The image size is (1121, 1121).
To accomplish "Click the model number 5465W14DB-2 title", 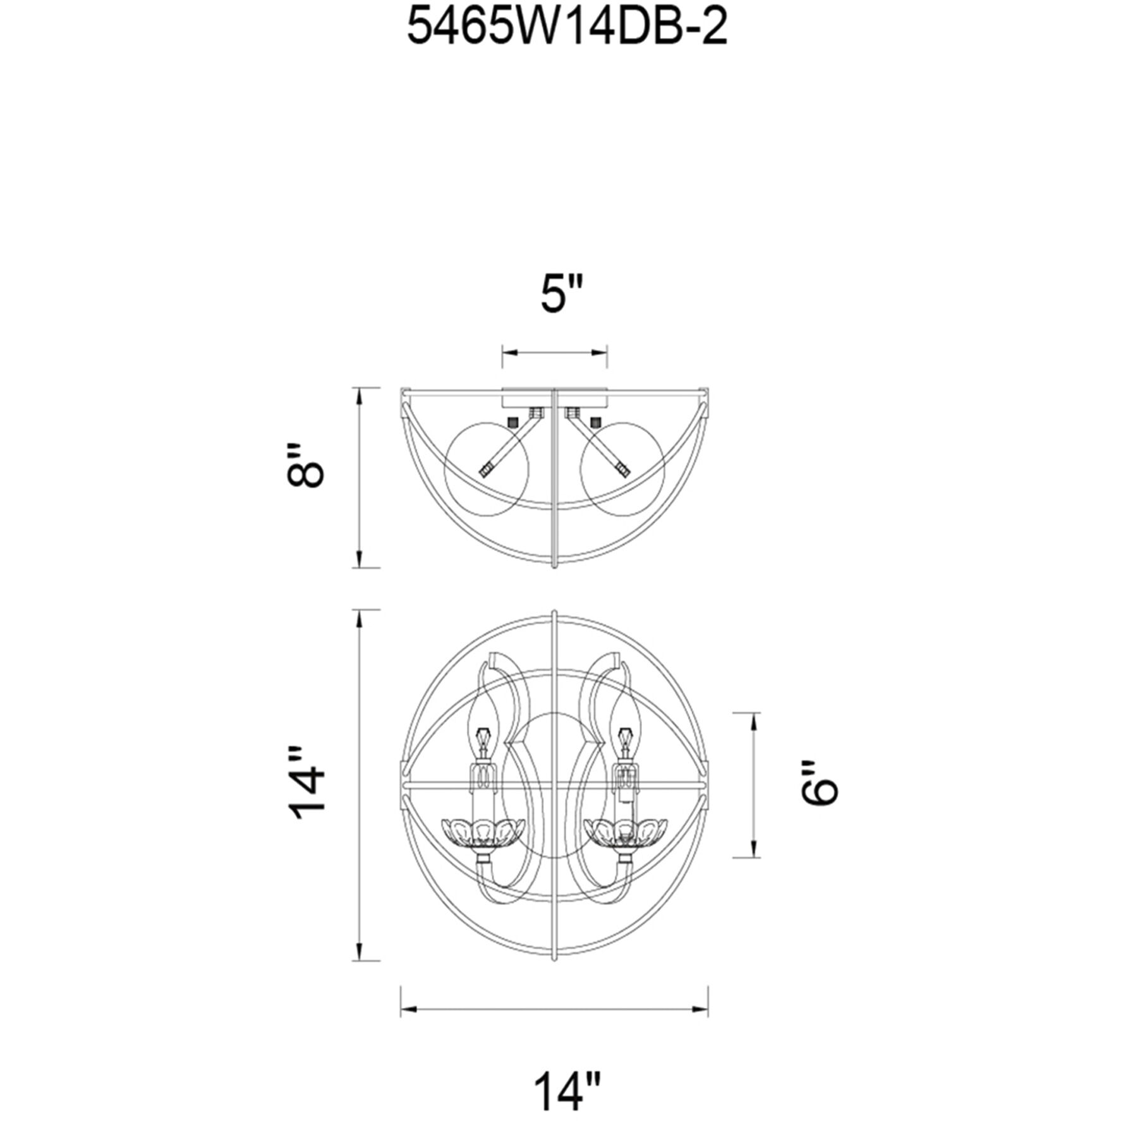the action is tap(567, 28).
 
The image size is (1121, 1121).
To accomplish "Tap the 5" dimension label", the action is tap(560, 294).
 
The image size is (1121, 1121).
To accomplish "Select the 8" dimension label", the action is tap(305, 466).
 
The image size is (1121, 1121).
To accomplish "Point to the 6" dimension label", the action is tap(819, 784).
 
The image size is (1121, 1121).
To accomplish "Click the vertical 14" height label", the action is tap(306, 783).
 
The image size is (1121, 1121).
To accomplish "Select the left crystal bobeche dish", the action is tap(483, 833).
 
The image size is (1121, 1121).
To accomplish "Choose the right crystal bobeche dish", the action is tap(626, 833).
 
